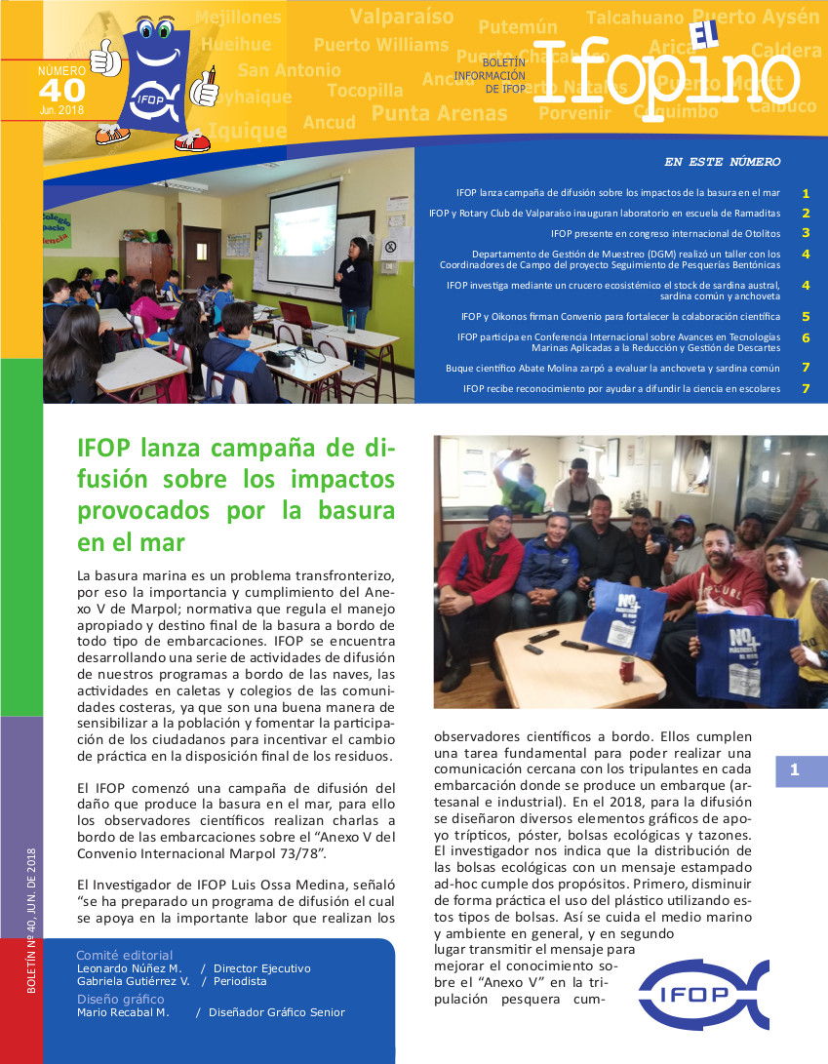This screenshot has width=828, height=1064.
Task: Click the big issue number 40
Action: [x=61, y=90]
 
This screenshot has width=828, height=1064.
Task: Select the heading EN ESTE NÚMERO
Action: [x=722, y=162]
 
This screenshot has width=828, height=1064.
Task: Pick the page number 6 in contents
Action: [x=806, y=337]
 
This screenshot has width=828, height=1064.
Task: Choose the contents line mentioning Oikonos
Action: [x=620, y=316]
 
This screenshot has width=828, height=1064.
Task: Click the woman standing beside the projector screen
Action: [x=355, y=288]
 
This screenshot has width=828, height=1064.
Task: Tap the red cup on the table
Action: [x=627, y=669]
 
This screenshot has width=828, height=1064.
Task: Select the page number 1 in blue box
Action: [x=795, y=770]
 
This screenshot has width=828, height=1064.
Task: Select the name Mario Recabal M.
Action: [x=123, y=1012]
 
